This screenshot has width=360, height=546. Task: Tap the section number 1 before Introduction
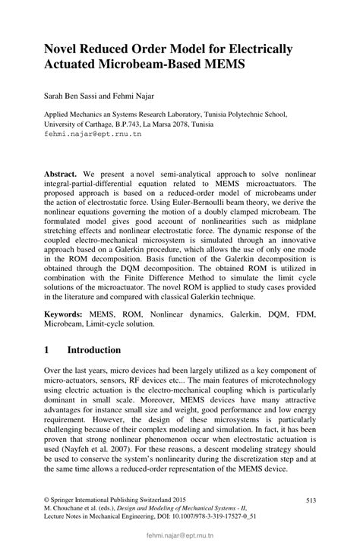pyautogui.click(x=47, y=350)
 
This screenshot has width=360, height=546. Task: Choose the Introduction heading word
pyautogui.click(x=94, y=350)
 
